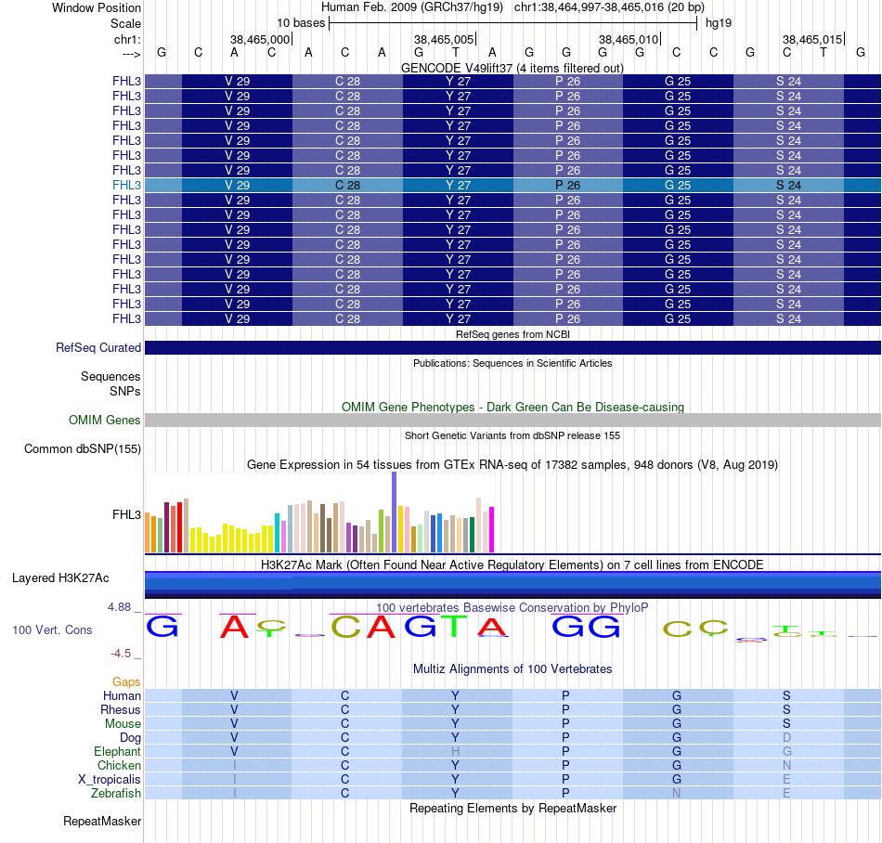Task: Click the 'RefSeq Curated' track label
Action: [x=98, y=348]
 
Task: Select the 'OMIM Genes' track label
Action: [x=105, y=421]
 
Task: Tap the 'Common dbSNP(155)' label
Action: [x=83, y=449]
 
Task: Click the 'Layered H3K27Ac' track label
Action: [x=60, y=577]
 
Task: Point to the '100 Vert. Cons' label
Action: [x=52, y=630]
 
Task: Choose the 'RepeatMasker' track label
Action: [x=102, y=821]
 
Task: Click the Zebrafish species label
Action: [x=116, y=794]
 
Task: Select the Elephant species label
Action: [x=117, y=751]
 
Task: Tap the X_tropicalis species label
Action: [x=110, y=779]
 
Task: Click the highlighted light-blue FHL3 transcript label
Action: [x=126, y=185]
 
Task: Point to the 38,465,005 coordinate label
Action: [x=445, y=39]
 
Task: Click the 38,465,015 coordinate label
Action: [x=812, y=39]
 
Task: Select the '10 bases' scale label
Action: [x=301, y=22]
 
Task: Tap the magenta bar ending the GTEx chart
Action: [x=491, y=528]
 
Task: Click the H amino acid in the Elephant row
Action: [x=456, y=751]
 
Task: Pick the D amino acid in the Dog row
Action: [x=787, y=737]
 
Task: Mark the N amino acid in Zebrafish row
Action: [x=677, y=794]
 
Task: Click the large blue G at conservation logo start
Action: [x=162, y=627]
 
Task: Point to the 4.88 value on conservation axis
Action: [x=120, y=607]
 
